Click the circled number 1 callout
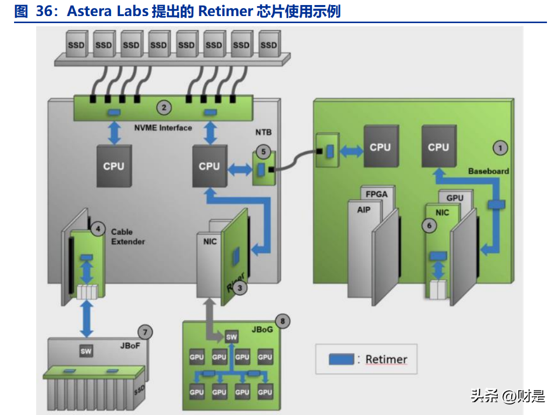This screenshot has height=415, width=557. click(500, 148)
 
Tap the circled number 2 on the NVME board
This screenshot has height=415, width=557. click(164, 107)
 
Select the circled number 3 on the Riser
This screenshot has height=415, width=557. click(240, 288)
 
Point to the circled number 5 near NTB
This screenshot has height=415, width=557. click(262, 150)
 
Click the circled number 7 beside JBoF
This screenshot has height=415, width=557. click(145, 332)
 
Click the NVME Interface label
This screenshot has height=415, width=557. click(163, 128)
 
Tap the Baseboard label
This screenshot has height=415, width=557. click(488, 171)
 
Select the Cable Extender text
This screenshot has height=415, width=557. click(128, 237)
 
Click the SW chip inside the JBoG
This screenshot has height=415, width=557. click(232, 337)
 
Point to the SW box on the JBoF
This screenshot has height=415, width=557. click(86, 351)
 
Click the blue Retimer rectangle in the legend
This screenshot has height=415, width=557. click(342, 359)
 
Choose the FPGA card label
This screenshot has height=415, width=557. click(377, 193)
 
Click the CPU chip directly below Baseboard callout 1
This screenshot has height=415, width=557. click(438, 147)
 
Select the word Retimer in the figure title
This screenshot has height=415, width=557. click(224, 12)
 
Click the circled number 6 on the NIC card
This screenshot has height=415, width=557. click(429, 226)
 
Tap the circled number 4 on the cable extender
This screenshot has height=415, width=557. click(98, 230)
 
